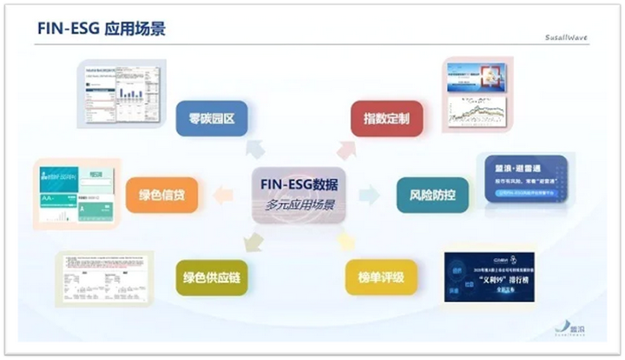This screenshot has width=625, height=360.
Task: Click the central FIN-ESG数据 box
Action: pos(299,185)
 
